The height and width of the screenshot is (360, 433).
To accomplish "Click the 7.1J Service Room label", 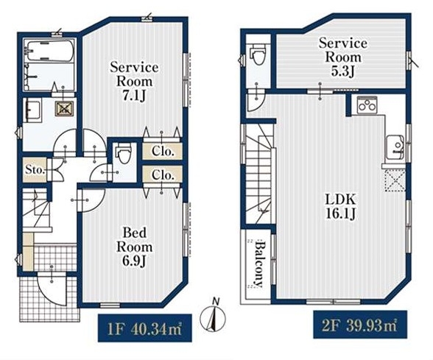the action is (134, 82).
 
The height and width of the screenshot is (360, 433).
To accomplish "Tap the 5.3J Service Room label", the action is (343, 57).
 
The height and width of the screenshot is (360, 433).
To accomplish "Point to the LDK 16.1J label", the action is (340, 206).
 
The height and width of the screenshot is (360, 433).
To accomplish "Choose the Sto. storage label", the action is (35, 169).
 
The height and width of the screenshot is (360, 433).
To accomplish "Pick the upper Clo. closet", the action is (163, 152).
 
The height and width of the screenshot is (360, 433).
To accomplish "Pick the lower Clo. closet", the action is (163, 174).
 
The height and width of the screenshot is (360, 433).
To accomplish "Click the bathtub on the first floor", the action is (50, 51).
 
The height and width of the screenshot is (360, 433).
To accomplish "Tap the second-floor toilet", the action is (258, 54).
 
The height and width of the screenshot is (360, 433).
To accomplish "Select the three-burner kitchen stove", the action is (367, 105).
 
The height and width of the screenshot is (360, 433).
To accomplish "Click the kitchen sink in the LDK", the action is (395, 147).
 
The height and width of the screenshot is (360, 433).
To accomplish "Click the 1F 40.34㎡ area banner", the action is (144, 328).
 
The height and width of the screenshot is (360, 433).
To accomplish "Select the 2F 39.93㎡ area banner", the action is (360, 325).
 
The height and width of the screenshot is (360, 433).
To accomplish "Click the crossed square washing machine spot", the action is (64, 108).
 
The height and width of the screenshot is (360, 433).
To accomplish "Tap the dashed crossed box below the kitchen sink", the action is (395, 180).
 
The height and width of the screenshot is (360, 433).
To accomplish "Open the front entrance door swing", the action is (52, 289).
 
